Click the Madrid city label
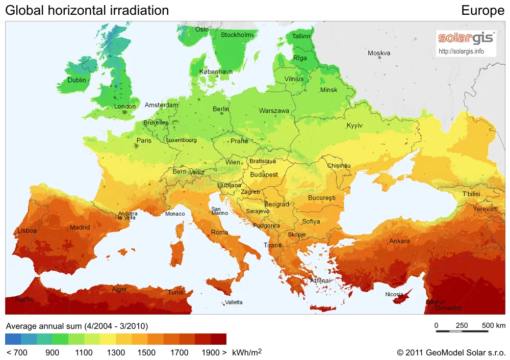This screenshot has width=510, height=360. pos(80,227)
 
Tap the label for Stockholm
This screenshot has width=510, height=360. pos(236,35)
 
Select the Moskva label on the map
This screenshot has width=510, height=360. pos(379,53)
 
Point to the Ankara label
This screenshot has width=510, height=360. pos(399,241)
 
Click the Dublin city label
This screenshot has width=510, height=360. pos(76,80)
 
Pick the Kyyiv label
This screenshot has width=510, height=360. pos(354,125)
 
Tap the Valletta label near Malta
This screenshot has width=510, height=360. pos(234,302)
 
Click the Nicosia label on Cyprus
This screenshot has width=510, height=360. pos(394,294)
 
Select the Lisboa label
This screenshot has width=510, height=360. pos(27,230)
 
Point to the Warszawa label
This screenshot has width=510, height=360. pos(274,111)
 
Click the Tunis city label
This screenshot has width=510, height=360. pos(175,292)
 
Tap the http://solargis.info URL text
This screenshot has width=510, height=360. pos(461,52)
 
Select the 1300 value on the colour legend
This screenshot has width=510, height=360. pos(116,352)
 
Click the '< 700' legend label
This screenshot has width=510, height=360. pos(17,352)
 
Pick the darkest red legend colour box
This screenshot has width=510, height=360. pos(218,339)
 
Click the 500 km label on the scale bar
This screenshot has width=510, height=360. pos(493,325)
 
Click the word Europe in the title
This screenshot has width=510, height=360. pos(482,10)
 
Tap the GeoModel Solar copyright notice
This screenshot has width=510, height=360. pos(451,352)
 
